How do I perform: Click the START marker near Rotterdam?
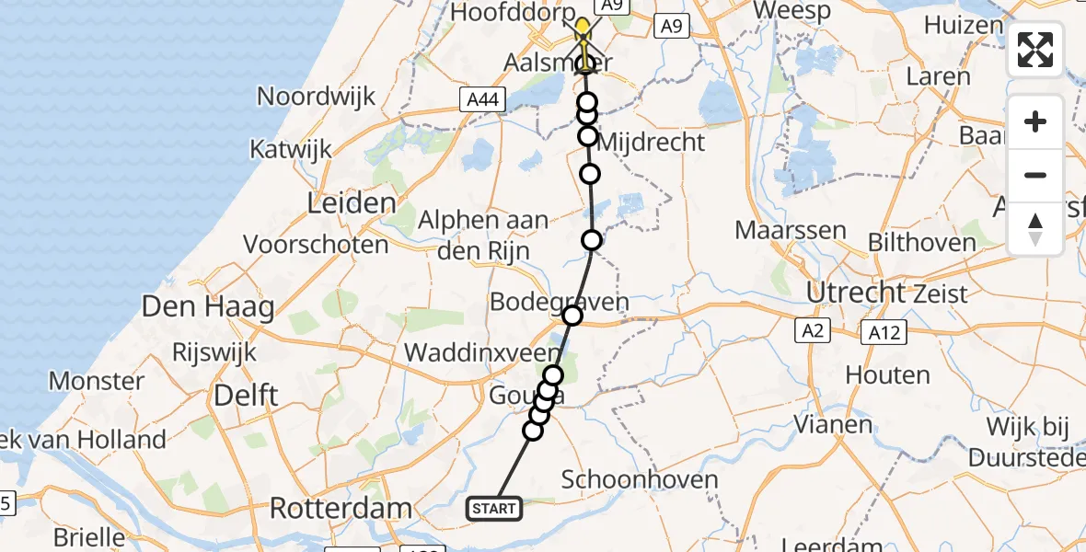(x=495, y=508)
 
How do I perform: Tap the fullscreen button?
(x=1035, y=50)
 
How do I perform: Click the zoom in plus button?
(x=1035, y=121)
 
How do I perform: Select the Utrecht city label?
(x=855, y=293)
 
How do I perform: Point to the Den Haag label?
(x=208, y=306)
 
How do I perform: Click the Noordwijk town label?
(x=317, y=96)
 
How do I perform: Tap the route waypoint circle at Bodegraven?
(x=572, y=316)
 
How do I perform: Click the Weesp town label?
(x=791, y=12)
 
